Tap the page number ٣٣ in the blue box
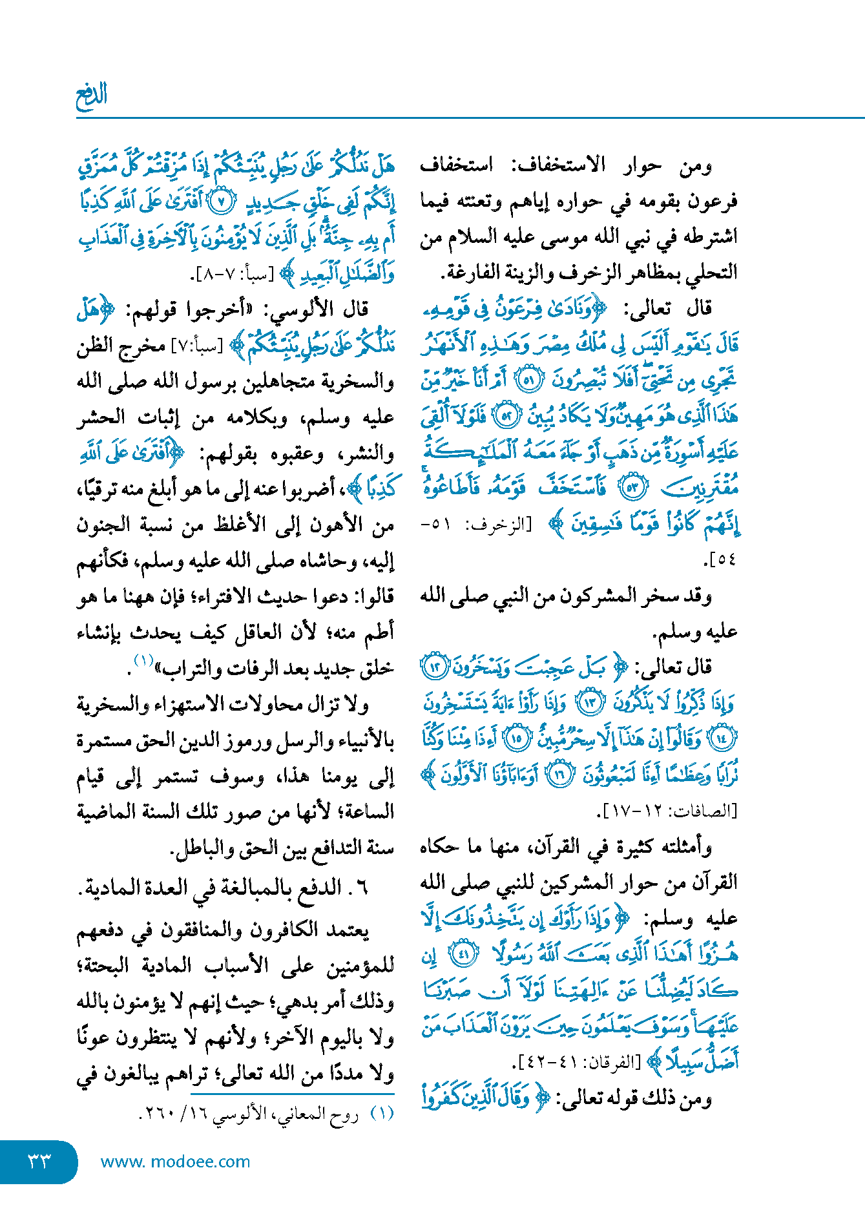pos(39,1162)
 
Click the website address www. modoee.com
pos(175,1162)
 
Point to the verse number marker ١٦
pos(560,774)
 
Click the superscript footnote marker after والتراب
pos(143,660)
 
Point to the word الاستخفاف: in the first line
pos(559,165)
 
